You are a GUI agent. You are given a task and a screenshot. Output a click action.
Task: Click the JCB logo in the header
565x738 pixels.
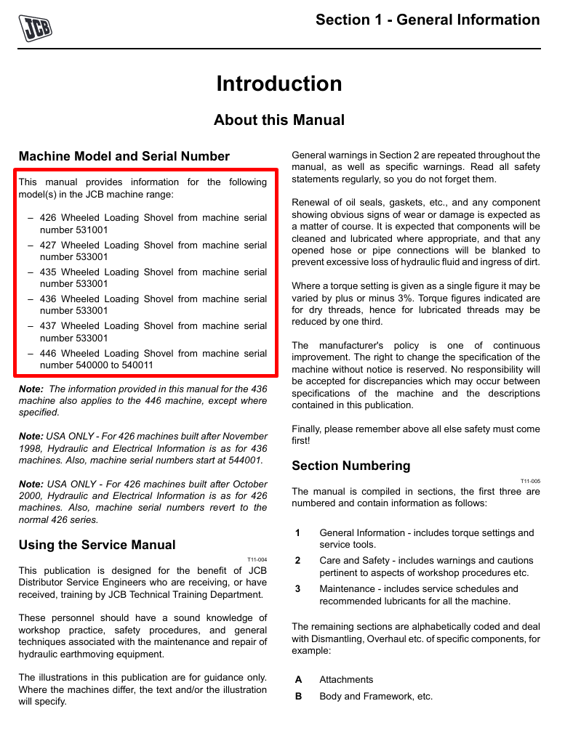35,28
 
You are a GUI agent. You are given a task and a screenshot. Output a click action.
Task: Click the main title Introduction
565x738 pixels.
279,84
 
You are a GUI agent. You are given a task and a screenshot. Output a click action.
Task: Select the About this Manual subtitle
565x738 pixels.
279,120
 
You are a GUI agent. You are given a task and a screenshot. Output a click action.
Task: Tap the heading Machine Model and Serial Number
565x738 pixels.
124,156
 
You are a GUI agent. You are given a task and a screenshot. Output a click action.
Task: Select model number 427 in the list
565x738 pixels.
48,245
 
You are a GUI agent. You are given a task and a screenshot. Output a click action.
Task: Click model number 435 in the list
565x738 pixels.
48,272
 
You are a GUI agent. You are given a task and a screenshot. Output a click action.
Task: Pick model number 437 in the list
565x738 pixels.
48,325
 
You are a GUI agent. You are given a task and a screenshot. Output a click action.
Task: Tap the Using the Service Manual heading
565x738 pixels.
97,545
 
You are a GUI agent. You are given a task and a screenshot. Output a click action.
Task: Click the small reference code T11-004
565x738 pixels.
257,560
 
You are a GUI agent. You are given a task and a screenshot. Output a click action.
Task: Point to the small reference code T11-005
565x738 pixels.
530,481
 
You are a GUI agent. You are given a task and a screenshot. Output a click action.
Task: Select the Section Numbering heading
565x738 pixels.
350,466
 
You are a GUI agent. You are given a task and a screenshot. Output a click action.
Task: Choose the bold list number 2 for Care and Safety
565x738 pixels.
297,560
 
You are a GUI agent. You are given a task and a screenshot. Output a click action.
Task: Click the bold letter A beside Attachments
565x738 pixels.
298,679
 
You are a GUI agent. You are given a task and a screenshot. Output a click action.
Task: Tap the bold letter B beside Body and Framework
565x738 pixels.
298,696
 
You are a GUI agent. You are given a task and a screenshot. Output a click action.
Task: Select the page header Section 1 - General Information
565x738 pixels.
428,20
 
